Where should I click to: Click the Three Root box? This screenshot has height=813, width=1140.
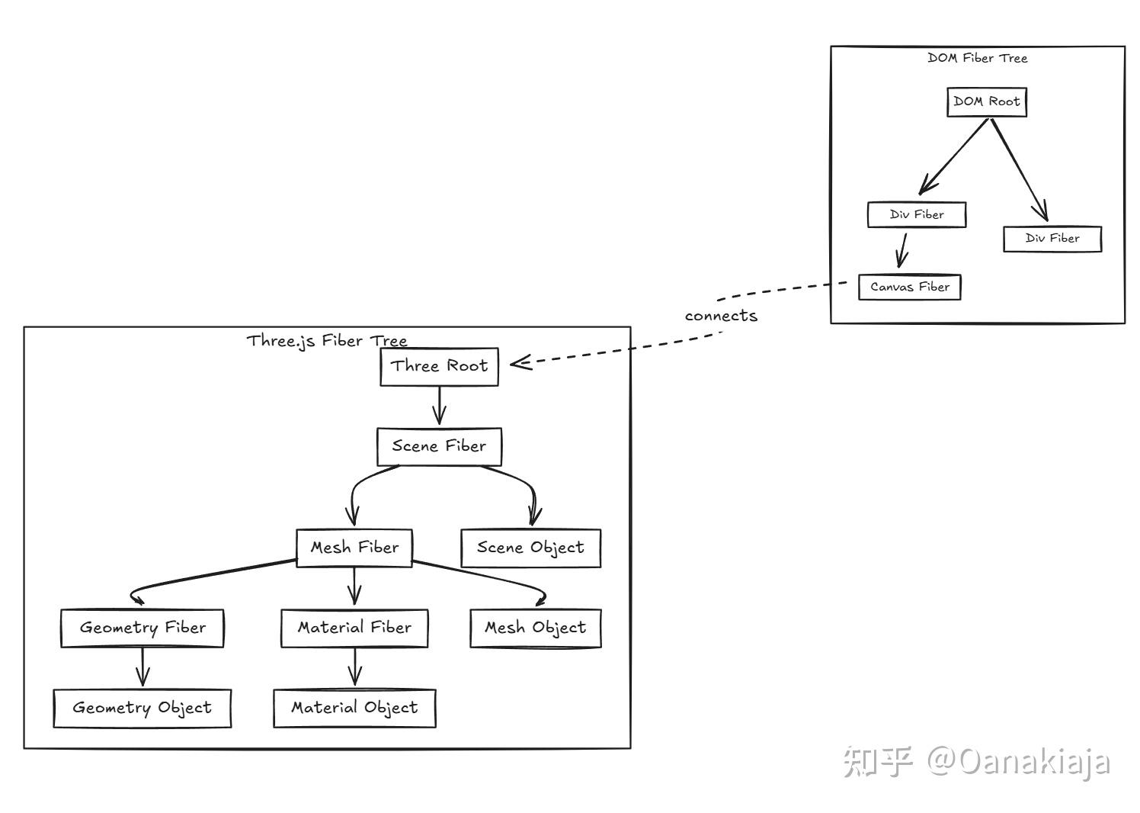439,367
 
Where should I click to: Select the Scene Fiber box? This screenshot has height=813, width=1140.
439,447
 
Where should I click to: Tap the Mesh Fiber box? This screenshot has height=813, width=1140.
354,548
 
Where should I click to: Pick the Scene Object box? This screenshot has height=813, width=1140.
530,548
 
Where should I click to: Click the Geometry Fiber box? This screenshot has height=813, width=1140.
142,628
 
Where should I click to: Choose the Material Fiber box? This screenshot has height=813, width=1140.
354,628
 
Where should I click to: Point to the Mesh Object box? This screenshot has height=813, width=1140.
535,628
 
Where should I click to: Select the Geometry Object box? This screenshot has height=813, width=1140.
142,709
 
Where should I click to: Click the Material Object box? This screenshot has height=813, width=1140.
354,709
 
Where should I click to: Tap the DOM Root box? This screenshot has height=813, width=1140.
987,102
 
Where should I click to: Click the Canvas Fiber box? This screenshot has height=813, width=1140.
909,288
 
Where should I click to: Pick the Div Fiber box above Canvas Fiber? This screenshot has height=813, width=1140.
917,215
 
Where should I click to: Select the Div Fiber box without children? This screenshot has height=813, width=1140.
1052,239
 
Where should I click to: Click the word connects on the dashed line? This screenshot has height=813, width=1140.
721,316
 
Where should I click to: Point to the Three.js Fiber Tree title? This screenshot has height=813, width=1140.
327,341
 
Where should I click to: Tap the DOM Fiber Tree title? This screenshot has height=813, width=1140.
977,58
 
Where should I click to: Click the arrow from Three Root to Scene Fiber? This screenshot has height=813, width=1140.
439,406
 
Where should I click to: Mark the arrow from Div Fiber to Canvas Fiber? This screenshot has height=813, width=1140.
903,250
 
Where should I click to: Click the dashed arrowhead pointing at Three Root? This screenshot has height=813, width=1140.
520,363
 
